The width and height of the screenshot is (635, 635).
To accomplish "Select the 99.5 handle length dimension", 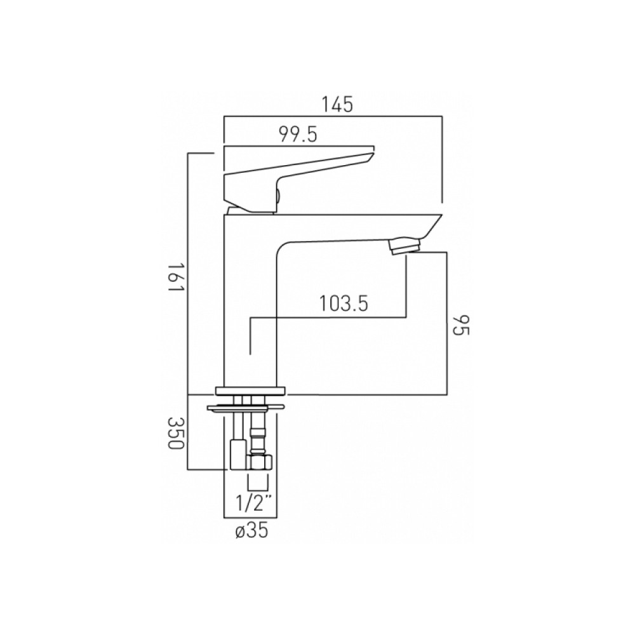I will [x=298, y=135].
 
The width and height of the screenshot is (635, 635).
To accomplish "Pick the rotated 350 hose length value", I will [x=177, y=434].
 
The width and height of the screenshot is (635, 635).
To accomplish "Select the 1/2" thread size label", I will [x=253, y=504].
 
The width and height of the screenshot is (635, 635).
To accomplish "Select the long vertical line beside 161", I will [x=188, y=273].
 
